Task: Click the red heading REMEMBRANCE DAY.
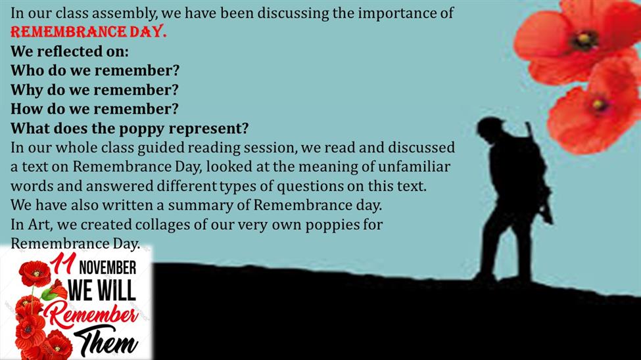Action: pyautogui.click(x=89, y=32)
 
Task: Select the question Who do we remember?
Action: pyautogui.click(x=95, y=70)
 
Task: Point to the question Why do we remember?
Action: pyautogui.click(x=95, y=89)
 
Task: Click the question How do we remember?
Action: pyautogui.click(x=95, y=108)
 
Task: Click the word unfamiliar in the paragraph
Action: pyautogui.click(x=414, y=166)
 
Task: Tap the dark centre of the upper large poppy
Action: pyautogui.click(x=584, y=40)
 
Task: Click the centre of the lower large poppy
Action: pyautogui.click(x=599, y=104)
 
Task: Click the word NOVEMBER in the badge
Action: pyautogui.click(x=108, y=268)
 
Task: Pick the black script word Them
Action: pyautogui.click(x=105, y=340)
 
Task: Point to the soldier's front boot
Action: pyautogui.click(x=485, y=277)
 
